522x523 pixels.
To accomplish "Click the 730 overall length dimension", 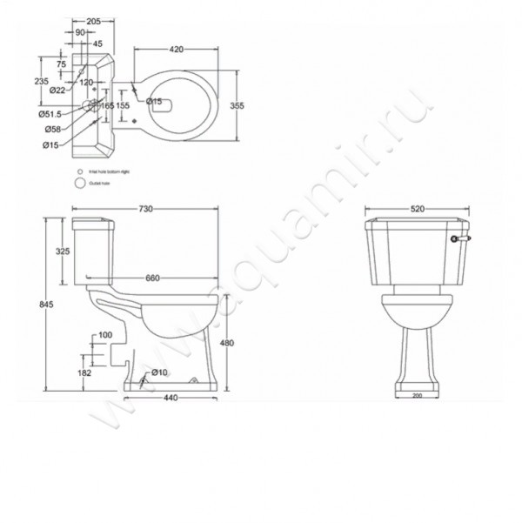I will pos(145,209).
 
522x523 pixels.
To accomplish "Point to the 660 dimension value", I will pos(152,278).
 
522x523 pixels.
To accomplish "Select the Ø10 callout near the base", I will pos(158,373).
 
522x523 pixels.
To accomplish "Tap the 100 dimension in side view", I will pos(105,335).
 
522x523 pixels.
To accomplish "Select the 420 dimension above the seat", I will pos(176,50).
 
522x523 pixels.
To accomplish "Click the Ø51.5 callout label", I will pos(49,114).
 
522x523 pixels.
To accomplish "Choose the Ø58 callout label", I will pos(51,129).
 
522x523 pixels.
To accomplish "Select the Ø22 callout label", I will pos(57,90).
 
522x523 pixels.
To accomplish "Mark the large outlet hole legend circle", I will pos(79,184).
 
